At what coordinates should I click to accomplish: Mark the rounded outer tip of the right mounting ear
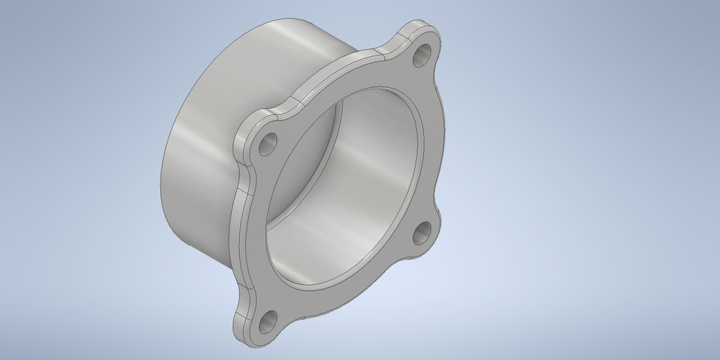(x=438, y=240)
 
